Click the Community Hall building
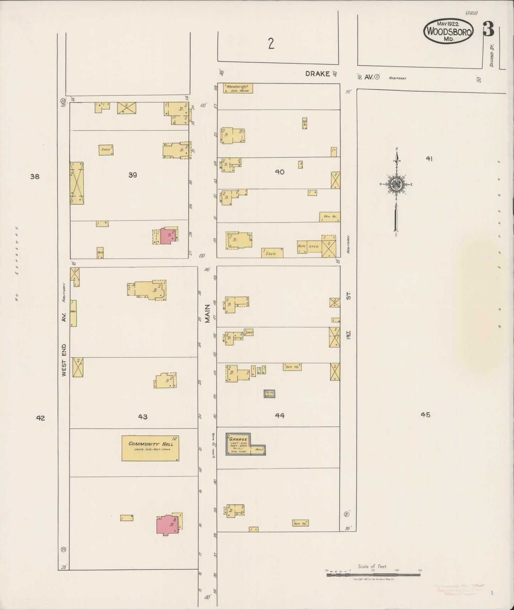(150, 448)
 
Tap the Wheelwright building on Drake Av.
(238, 88)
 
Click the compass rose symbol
(396, 184)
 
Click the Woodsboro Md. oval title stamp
(448, 31)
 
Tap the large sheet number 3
(488, 30)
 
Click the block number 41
(429, 159)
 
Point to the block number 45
(425, 415)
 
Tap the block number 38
(35, 176)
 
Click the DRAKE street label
(318, 74)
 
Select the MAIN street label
(207, 313)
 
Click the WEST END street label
(64, 360)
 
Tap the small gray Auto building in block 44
(269, 394)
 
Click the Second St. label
(492, 56)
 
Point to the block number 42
(41, 418)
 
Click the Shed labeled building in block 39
(106, 150)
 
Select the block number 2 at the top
(271, 44)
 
